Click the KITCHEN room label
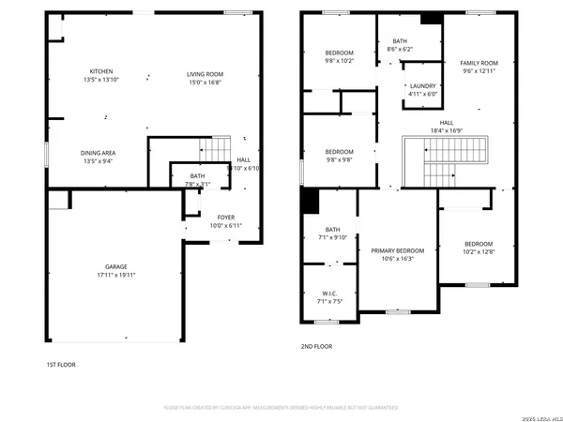coord(101,71)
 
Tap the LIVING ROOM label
coord(204,73)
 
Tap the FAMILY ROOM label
coord(478,64)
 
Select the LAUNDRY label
coord(423,85)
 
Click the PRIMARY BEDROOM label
coord(398,250)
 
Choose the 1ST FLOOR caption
coord(60,365)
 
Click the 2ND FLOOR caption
coord(316,347)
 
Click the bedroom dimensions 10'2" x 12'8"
coord(479,250)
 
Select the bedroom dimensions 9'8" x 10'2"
coord(339,60)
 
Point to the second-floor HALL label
coord(447,122)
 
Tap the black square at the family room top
coord(431,17)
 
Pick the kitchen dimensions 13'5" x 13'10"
coord(101,81)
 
